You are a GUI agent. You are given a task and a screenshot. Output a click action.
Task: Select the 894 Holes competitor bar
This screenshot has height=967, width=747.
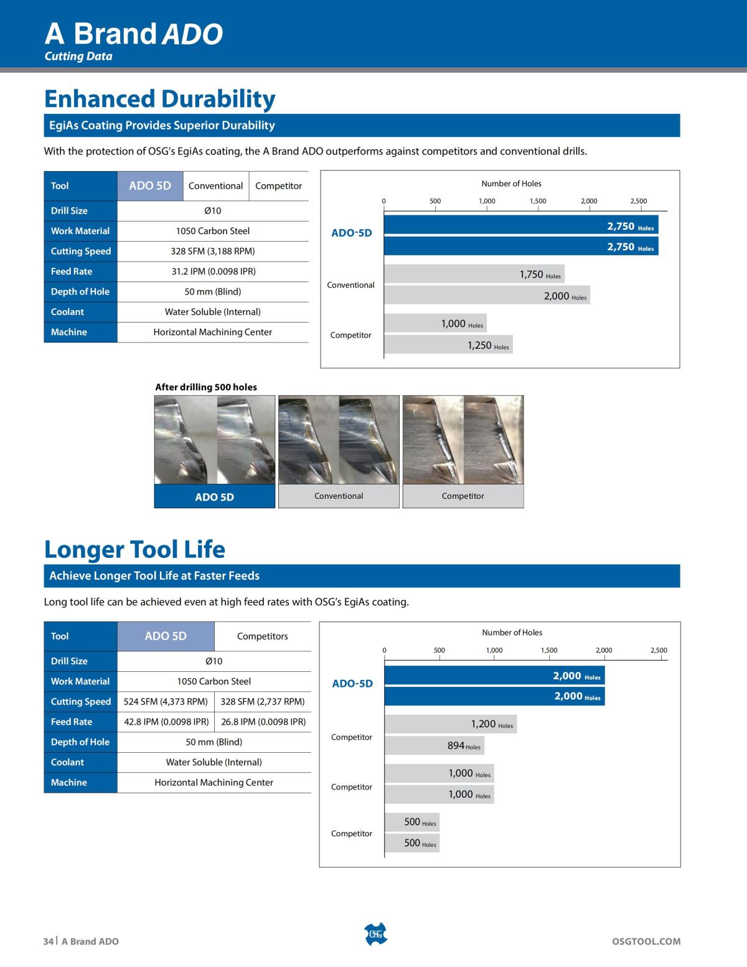[435, 745]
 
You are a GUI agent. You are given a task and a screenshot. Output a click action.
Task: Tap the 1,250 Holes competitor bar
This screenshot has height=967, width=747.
[448, 344]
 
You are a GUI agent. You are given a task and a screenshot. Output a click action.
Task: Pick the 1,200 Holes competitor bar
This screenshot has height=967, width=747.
[451, 724]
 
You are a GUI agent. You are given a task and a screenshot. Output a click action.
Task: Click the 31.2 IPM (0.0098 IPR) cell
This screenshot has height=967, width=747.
[213, 271]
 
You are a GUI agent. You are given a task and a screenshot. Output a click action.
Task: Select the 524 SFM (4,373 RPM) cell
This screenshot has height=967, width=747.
[166, 702]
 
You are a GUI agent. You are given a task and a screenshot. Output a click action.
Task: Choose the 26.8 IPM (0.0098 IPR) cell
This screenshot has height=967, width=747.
[263, 722]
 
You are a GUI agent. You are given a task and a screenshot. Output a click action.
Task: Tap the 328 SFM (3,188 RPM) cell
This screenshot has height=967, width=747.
[213, 251]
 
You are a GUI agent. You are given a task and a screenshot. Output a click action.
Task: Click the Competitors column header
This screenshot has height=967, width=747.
[263, 636]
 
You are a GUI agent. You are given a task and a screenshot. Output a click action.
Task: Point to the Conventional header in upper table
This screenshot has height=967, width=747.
[215, 186]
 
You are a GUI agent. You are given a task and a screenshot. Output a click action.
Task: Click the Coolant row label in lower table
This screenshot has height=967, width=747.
[67, 762]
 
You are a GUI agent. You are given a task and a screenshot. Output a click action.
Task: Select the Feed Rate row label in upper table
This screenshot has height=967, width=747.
[72, 271]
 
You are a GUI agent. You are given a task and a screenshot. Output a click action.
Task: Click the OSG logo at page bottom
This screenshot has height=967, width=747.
[375, 934]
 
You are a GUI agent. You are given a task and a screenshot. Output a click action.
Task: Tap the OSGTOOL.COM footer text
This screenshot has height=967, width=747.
[646, 941]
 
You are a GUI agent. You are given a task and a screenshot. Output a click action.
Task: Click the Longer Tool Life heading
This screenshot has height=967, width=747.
[134, 549]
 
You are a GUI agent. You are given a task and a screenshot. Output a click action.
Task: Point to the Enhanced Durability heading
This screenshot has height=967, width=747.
[159, 99]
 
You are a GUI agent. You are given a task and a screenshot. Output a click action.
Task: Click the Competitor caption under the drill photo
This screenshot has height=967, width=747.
[463, 496]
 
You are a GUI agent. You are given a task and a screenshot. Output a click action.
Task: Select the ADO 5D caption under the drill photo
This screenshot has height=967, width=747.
[215, 497]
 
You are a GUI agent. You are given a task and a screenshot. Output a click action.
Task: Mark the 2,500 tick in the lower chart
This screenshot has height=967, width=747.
[659, 651]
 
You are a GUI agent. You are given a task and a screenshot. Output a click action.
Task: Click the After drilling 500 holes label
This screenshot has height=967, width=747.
[206, 387]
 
